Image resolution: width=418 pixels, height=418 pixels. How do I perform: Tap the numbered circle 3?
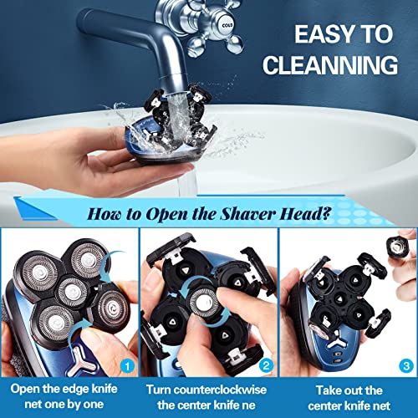click(x=405, y=365)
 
